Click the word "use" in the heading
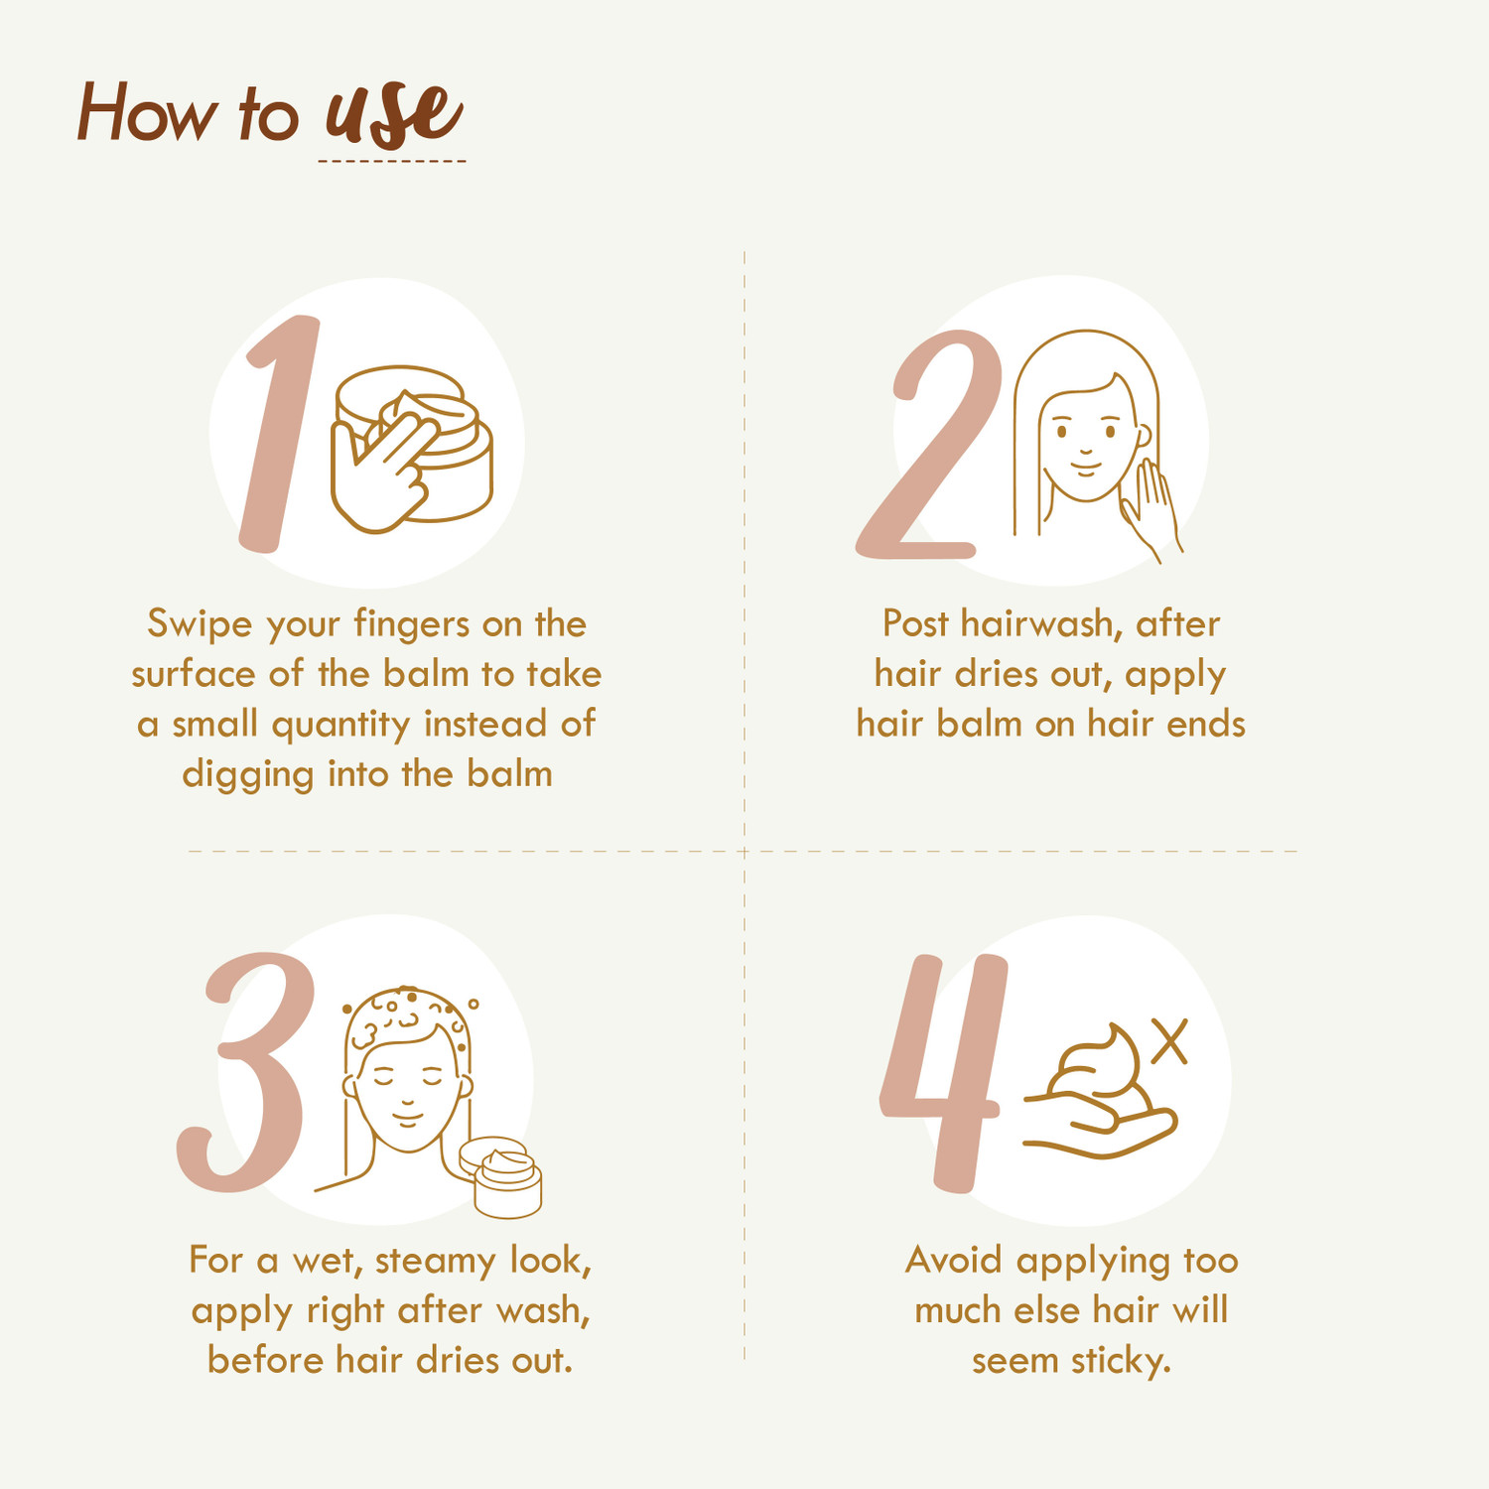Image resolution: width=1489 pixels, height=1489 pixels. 394,113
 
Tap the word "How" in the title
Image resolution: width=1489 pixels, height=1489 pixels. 146,112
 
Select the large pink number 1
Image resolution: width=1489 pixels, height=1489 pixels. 281,433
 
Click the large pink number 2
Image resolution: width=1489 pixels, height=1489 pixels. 929,445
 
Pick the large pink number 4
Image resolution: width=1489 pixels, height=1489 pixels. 943,1073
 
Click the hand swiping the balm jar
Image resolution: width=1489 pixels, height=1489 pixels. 382,472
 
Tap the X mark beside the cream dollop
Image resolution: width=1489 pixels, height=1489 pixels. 1170,1043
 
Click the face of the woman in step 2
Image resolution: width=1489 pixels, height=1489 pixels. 1088,437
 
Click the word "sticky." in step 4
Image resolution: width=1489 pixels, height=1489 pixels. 1121,1361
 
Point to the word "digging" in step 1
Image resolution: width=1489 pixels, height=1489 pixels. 248,775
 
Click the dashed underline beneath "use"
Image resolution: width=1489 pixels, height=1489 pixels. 392,161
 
